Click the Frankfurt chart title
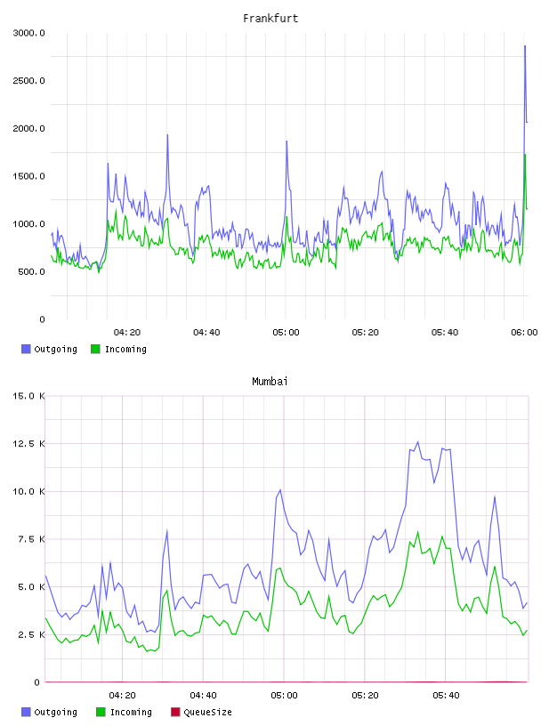pyautogui.click(x=270, y=18)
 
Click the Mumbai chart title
pyautogui.click(x=270, y=381)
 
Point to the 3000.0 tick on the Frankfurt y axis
pyautogui.click(x=28, y=33)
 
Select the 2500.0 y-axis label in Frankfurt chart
pyautogui.click(x=28, y=81)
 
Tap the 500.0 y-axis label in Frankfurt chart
pyautogui.click(x=31, y=271)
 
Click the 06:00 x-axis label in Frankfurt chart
pyautogui.click(x=524, y=332)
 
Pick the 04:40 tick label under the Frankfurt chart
pyautogui.click(x=206, y=332)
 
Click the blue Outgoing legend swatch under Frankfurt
pyautogui.click(x=26, y=349)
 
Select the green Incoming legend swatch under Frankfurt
pyautogui.click(x=95, y=349)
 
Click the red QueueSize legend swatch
pyautogui.click(x=175, y=712)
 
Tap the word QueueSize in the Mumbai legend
pyautogui.click(x=208, y=712)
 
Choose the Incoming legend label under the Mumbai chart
pyautogui.click(x=131, y=712)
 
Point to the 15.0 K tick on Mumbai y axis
pyautogui.click(x=28, y=396)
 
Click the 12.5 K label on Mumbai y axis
pyautogui.click(x=28, y=444)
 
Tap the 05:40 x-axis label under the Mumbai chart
pyautogui.click(x=446, y=695)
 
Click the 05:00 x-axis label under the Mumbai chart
pyautogui.click(x=284, y=695)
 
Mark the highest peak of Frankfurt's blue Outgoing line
pyautogui.click(x=525, y=46)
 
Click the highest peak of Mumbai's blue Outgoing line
pyautogui.click(x=418, y=441)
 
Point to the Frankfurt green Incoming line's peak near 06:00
pyautogui.click(x=525, y=154)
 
